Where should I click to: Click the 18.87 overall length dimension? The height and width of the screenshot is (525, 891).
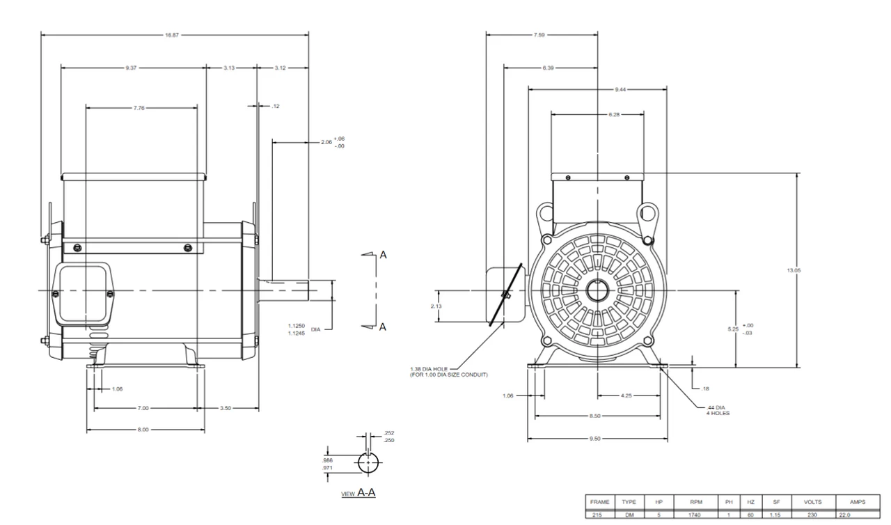click(x=171, y=35)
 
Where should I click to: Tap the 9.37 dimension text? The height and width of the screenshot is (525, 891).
click(x=131, y=68)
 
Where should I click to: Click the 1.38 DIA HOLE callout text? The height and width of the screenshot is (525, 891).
click(x=450, y=371)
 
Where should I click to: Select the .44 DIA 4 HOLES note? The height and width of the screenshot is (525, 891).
click(x=717, y=410)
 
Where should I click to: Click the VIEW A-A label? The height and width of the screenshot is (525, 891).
click(x=358, y=493)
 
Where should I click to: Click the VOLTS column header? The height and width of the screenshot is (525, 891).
click(x=812, y=501)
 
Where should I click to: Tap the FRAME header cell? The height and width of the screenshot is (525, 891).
click(x=599, y=501)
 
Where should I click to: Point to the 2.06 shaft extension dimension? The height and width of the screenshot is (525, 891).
click(x=326, y=142)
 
